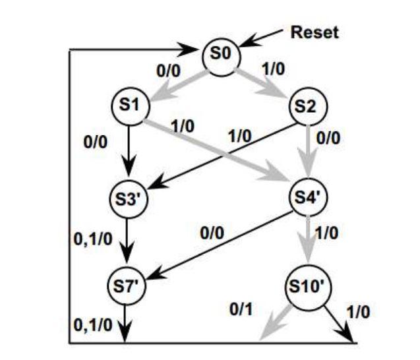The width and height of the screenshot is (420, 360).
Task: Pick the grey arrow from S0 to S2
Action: pyautogui.click(x=264, y=80)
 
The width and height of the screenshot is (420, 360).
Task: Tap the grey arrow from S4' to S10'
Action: pyautogui.click(x=305, y=241)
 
